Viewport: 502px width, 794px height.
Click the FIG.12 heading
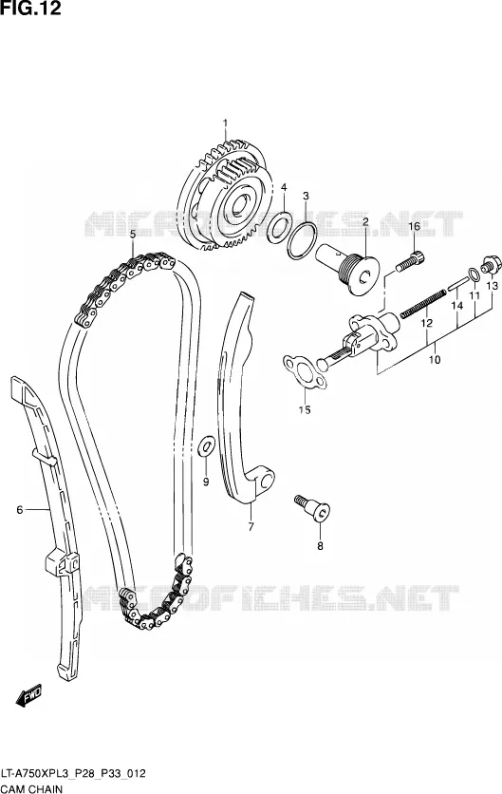pyautogui.click(x=30, y=9)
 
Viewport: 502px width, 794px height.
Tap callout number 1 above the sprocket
pyautogui.click(x=225, y=123)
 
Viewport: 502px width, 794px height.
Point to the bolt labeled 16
pyautogui.click(x=410, y=261)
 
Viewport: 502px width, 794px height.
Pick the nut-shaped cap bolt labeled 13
pyautogui.click(x=491, y=264)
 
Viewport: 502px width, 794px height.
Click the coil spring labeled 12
pyautogui.click(x=423, y=303)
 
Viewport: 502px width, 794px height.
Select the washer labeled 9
pyautogui.click(x=206, y=444)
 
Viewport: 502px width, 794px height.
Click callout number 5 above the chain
pyautogui.click(x=133, y=235)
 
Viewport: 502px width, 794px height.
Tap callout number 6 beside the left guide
pyautogui.click(x=20, y=509)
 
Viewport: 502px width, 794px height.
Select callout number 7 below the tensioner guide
pyautogui.click(x=251, y=526)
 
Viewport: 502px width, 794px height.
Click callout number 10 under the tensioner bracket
pyautogui.click(x=435, y=360)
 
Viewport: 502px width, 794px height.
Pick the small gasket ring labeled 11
pyautogui.click(x=474, y=274)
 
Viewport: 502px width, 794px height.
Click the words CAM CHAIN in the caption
pyautogui.click(x=32, y=788)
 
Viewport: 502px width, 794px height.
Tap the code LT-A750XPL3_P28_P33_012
pyautogui.click(x=73, y=773)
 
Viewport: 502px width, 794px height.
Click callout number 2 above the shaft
pyautogui.click(x=364, y=221)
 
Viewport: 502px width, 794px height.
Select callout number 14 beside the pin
pyautogui.click(x=457, y=305)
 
